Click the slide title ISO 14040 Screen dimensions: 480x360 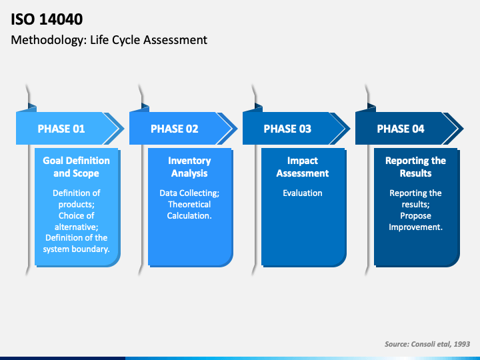pyautogui.click(x=47, y=19)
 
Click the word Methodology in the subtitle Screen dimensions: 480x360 pyautogui.click(x=49, y=41)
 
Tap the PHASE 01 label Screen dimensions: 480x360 pyautogui.click(x=61, y=129)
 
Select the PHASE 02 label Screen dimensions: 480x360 pyautogui.click(x=175, y=129)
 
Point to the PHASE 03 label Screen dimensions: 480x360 pyautogui.click(x=287, y=129)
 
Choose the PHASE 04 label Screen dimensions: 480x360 pyautogui.click(x=401, y=129)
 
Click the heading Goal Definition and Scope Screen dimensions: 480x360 pyautogui.click(x=76, y=167)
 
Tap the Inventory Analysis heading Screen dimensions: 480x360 pyautogui.click(x=189, y=167)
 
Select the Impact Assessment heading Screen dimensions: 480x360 pyautogui.click(x=303, y=167)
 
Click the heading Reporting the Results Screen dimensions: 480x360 pyautogui.click(x=415, y=167)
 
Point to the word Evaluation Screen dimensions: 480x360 pyautogui.click(x=303, y=193)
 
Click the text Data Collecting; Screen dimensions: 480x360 pyautogui.click(x=189, y=193)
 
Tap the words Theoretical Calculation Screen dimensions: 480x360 pyautogui.click(x=189, y=210)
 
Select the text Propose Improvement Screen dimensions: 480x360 pyautogui.click(x=415, y=221)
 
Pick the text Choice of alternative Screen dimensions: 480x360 pyautogui.click(x=76, y=221)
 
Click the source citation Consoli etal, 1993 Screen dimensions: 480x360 pyautogui.click(x=440, y=344)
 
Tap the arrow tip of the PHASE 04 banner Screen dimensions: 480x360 pyautogui.click(x=463, y=129)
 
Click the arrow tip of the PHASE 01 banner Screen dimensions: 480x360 pyautogui.click(x=124, y=129)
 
